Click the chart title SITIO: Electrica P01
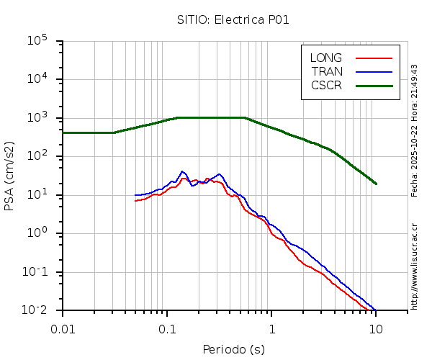233,20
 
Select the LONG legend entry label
326,58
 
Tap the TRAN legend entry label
327,71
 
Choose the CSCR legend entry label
326,85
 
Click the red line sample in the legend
374,58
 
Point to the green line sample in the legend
374,85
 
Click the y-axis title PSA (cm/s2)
10,176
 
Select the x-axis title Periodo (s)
233,350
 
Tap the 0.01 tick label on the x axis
63,328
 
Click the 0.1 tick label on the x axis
167,328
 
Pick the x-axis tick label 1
271,328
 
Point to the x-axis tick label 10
376,328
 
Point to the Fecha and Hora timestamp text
415,130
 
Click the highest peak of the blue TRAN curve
183,171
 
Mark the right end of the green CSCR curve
376,184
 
